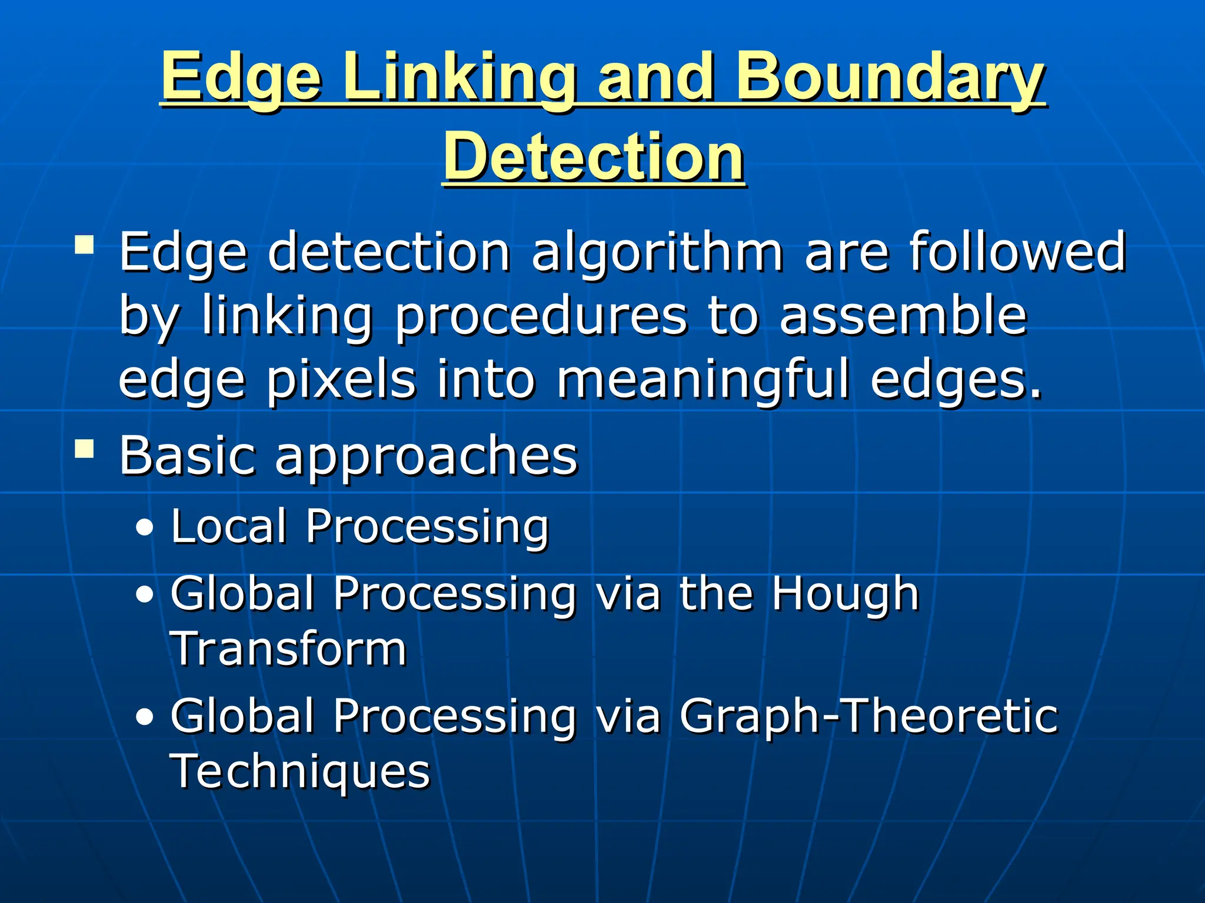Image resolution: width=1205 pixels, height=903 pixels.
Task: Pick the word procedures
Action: [x=541, y=317]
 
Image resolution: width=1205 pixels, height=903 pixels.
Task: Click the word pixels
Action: [x=341, y=381]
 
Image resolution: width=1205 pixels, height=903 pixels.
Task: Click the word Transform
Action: [x=288, y=649]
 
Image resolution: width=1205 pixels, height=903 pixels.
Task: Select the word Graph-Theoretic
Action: [x=868, y=717]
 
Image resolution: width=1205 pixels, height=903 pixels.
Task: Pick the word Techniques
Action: [x=300, y=771]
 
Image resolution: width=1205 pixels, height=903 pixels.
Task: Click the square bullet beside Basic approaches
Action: [x=85, y=450]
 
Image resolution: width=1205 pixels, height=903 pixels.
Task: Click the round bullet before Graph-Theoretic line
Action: [x=144, y=718]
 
